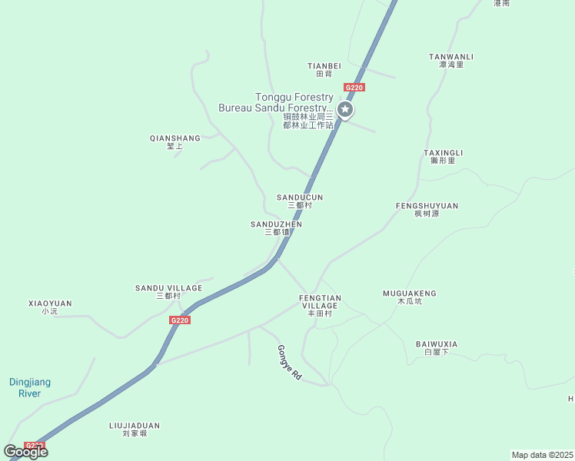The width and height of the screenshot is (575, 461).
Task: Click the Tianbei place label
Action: coord(324,70)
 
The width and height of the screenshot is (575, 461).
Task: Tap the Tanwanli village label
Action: coord(451,60)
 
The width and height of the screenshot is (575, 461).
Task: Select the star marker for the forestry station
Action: coord(346,111)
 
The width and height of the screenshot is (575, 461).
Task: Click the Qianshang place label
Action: coord(174,142)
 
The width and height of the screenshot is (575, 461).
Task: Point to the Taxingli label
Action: coord(443,157)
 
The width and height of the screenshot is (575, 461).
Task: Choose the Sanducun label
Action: coord(300,201)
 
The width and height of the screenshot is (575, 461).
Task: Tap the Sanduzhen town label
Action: coord(276,227)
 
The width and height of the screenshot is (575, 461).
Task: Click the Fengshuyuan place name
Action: coord(427,210)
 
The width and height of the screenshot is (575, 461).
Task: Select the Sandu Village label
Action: coord(168,292)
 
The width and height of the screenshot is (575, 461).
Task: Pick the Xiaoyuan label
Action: coord(50,307)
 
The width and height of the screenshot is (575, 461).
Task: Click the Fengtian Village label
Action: coord(320,305)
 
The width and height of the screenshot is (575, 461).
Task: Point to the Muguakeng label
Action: coord(410,297)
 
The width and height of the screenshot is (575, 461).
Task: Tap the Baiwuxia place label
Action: coord(437,347)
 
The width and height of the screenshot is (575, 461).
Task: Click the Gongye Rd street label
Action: coord(290,363)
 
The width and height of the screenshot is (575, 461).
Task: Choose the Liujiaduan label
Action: coord(135,429)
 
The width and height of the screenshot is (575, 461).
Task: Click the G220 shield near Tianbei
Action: coord(354,88)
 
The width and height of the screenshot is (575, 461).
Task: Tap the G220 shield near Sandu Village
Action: coord(179,320)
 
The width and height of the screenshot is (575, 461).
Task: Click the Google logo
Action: coord(25,452)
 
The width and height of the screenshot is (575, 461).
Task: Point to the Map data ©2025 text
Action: coord(543,455)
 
